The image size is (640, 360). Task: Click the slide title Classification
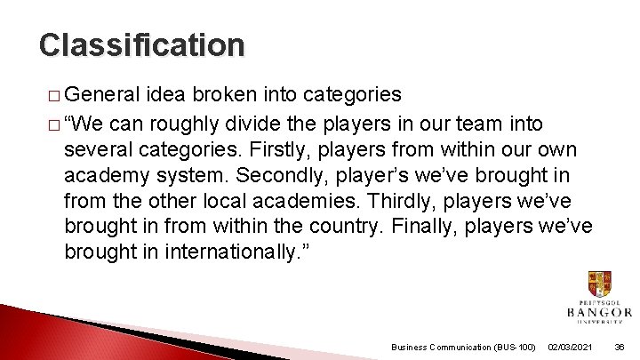(141, 44)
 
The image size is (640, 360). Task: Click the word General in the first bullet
(102, 94)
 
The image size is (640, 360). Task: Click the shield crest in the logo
(599, 284)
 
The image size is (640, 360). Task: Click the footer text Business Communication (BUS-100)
(463, 347)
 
